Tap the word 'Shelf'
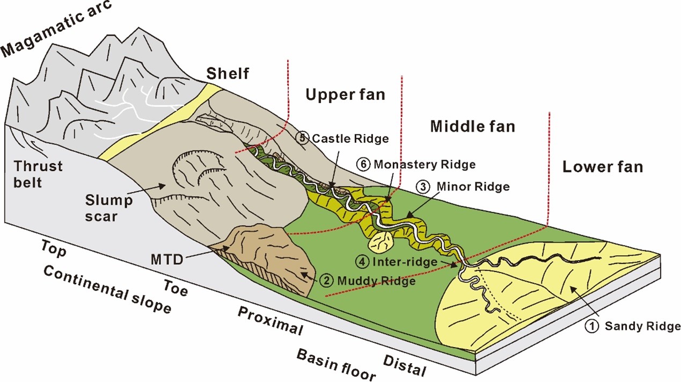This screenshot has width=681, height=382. pos(229,73)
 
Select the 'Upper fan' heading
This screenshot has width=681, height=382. pos(345,95)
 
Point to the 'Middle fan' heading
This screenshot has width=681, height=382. pos(472,126)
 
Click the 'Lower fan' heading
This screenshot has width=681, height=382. pos(602,167)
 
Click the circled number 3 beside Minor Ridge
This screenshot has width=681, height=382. pos(423,187)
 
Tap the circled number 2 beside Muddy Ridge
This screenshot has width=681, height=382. pos(326,280)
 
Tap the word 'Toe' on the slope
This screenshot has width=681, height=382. pos(176,287)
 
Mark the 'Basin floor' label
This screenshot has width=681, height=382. pos(336,364)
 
